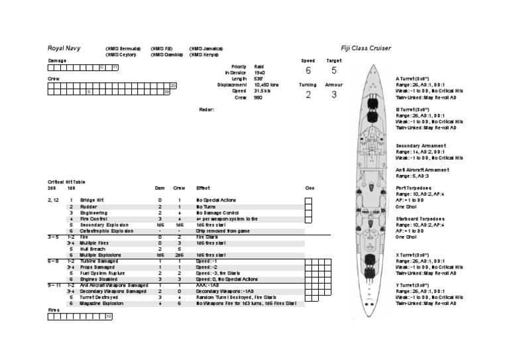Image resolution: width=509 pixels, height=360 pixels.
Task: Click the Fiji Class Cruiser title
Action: tap(366, 48)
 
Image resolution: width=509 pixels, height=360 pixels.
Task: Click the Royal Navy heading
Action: tap(64, 48)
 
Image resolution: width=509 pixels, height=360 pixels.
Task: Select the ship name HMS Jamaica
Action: tap(205, 48)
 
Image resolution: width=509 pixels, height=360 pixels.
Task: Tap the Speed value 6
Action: tap(308, 71)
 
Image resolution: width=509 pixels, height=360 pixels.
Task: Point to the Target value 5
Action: tap(334, 71)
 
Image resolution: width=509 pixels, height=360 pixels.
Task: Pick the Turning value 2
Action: tap(308, 95)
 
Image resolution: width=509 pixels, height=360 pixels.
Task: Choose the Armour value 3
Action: tap(334, 95)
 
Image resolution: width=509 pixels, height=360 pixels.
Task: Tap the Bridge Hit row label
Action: tap(91, 200)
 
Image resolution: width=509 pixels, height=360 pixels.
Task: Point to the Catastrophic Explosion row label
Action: tap(106, 231)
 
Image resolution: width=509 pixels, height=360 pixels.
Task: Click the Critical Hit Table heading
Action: tap(66, 182)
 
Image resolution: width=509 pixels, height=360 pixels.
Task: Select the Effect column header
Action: tap(203, 188)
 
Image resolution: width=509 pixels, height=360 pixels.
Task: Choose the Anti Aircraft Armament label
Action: tap(422, 170)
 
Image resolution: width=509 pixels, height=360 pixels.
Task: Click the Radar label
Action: tap(207, 109)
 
